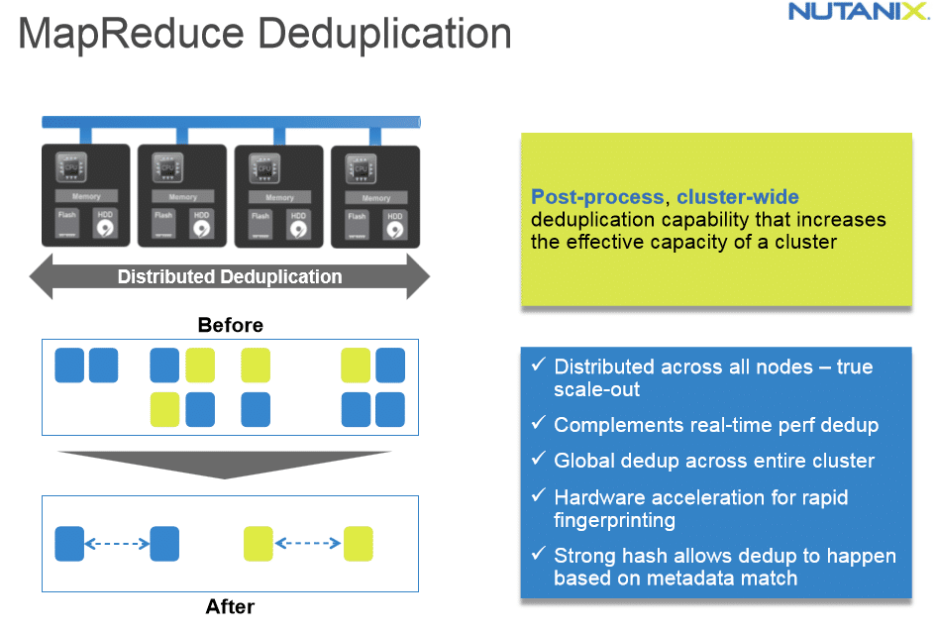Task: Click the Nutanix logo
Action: [858, 13]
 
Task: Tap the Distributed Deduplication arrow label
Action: [230, 277]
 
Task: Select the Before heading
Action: [230, 325]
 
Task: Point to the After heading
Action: [230, 606]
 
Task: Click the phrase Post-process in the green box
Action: [598, 196]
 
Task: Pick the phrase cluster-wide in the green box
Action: [738, 196]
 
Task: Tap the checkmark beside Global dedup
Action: [538, 459]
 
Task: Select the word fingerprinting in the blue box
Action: [614, 520]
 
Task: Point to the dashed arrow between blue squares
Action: [117, 544]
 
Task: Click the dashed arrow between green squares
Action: [307, 544]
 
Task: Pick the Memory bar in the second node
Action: [183, 197]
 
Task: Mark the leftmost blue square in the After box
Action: [69, 544]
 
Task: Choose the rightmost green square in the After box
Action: [358, 544]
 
